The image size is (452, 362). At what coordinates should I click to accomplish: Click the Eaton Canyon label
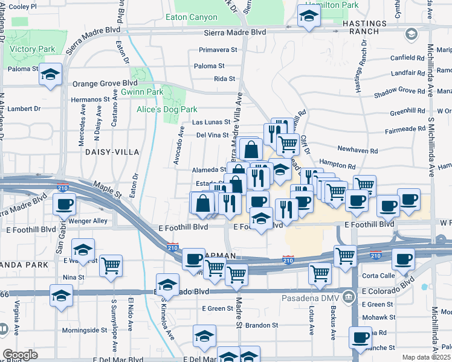point(195,17)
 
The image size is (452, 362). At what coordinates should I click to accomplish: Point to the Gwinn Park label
point(142,92)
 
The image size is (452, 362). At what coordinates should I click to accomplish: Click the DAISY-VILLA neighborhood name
point(112,152)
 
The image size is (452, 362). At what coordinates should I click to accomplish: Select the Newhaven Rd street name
point(357,150)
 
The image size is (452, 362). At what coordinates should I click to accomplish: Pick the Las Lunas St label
point(211,122)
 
